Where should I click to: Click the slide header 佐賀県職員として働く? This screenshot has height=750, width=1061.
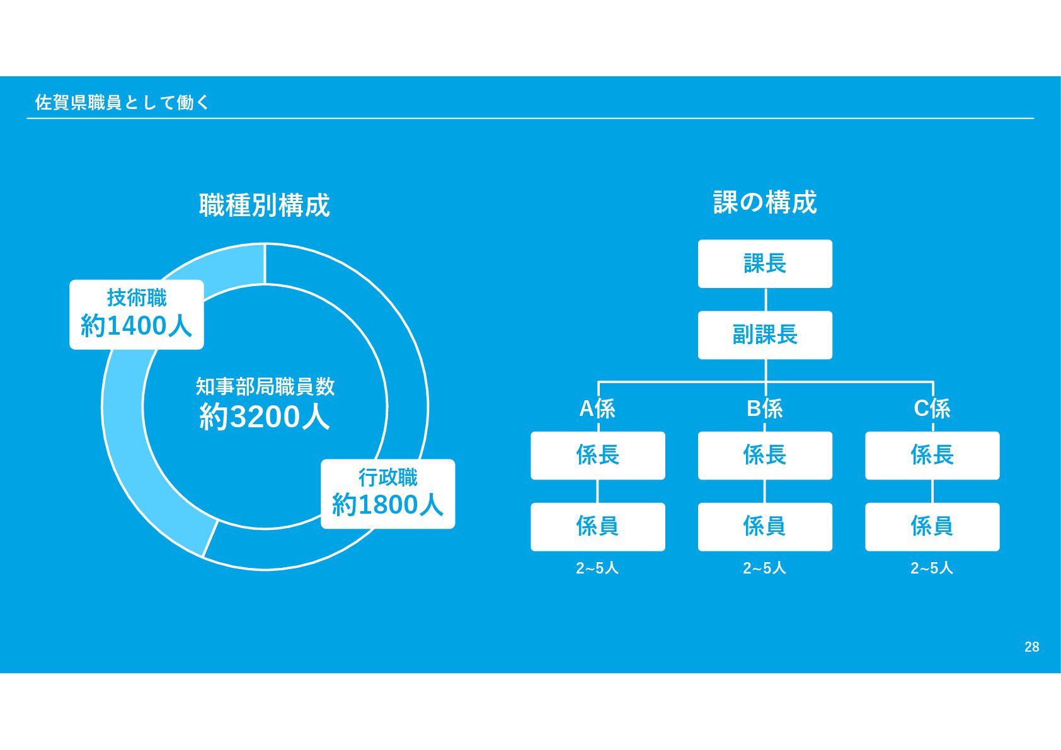click(x=122, y=102)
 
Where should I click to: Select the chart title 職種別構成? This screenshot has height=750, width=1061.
click(x=265, y=205)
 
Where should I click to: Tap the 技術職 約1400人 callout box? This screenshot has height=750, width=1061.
click(x=137, y=314)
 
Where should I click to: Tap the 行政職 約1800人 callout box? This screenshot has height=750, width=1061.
click(x=387, y=493)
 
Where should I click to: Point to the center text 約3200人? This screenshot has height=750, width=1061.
click(x=265, y=417)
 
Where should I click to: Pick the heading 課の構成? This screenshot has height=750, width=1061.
click(x=765, y=202)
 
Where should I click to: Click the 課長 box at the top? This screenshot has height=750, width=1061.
click(x=765, y=263)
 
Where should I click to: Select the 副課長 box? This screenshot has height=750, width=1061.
click(x=765, y=335)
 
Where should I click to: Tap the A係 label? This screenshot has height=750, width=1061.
click(x=597, y=408)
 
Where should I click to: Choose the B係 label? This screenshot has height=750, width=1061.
click(x=765, y=408)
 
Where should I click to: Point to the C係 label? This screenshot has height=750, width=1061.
click(x=932, y=408)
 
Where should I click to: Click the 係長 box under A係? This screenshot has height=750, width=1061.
click(x=597, y=455)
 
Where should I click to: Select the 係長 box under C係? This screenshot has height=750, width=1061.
click(x=932, y=455)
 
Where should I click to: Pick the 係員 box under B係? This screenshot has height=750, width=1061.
click(x=765, y=526)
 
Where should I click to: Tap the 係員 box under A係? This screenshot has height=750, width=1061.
click(x=597, y=526)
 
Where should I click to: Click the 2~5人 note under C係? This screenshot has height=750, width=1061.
click(x=932, y=568)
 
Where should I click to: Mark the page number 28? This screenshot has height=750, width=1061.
click(x=1031, y=647)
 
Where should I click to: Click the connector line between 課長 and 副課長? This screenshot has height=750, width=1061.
click(x=766, y=299)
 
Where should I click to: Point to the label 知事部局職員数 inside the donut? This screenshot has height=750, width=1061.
click(x=265, y=386)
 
